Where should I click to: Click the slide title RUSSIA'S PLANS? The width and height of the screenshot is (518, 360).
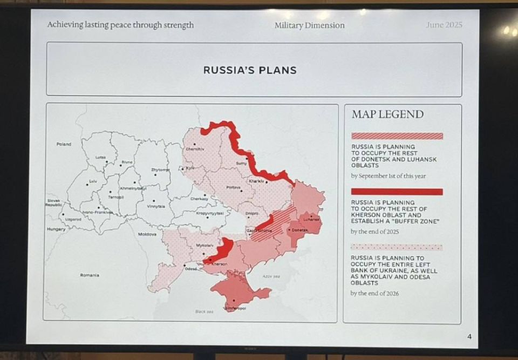tap(250, 70)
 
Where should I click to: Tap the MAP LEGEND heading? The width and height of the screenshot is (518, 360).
tap(387, 114)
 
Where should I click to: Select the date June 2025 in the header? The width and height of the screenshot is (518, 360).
tap(444, 25)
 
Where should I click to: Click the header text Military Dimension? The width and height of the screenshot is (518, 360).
tap(309, 25)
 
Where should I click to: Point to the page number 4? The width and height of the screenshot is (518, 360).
tap(469, 337)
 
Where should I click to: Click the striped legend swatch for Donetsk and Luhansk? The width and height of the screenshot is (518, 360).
tap(397, 136)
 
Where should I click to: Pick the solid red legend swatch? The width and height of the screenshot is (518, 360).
tap(397, 192)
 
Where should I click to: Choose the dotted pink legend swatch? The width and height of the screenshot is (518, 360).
tap(397, 247)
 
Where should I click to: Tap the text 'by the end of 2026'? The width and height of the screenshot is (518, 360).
tap(374, 294)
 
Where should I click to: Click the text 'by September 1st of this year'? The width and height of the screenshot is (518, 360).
tap(388, 176)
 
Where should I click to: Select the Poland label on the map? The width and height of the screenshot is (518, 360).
tap(64, 144)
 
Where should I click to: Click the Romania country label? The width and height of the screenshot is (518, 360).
tap(90, 275)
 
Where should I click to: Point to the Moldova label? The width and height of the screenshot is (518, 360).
tap(147, 234)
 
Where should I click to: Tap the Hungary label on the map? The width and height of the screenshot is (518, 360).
tap(56, 229)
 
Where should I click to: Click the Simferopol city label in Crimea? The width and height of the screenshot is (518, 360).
tap(235, 308)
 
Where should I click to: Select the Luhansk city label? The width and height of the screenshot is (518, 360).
tap(311, 220)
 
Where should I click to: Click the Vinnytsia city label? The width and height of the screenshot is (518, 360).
tap(155, 206)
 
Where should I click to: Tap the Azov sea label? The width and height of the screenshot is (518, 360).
tap(271, 276)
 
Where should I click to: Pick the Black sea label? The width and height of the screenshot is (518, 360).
tap(204, 311)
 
